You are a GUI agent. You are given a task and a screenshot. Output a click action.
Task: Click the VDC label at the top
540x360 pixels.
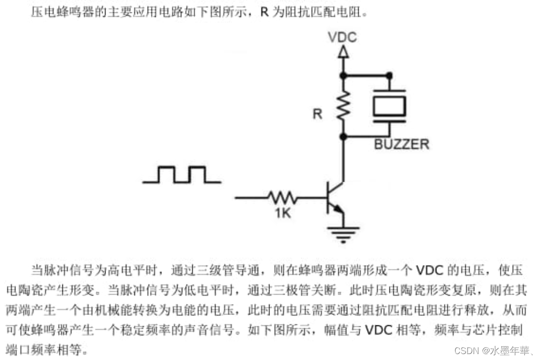tap(342, 37)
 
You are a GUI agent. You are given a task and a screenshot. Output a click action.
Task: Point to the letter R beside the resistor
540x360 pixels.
tap(318, 114)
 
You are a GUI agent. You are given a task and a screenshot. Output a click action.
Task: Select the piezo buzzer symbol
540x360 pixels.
tap(389, 105)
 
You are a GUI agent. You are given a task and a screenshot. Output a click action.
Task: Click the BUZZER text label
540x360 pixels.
tap(401, 145)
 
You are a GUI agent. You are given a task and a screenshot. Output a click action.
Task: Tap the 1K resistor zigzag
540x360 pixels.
tap(282, 198)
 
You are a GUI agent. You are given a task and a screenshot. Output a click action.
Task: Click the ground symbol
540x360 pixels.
tap(342, 233)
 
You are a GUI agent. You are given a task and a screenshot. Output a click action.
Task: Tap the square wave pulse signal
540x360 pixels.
tap(181, 175)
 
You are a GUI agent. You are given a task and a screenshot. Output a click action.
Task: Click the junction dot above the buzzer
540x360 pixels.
tap(389, 75)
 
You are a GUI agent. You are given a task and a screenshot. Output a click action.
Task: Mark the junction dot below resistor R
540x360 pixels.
tap(342, 135)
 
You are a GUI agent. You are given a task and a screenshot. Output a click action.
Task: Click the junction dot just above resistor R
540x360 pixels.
tap(342, 75)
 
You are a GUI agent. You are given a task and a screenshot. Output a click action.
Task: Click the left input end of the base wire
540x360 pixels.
tap(236, 198)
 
